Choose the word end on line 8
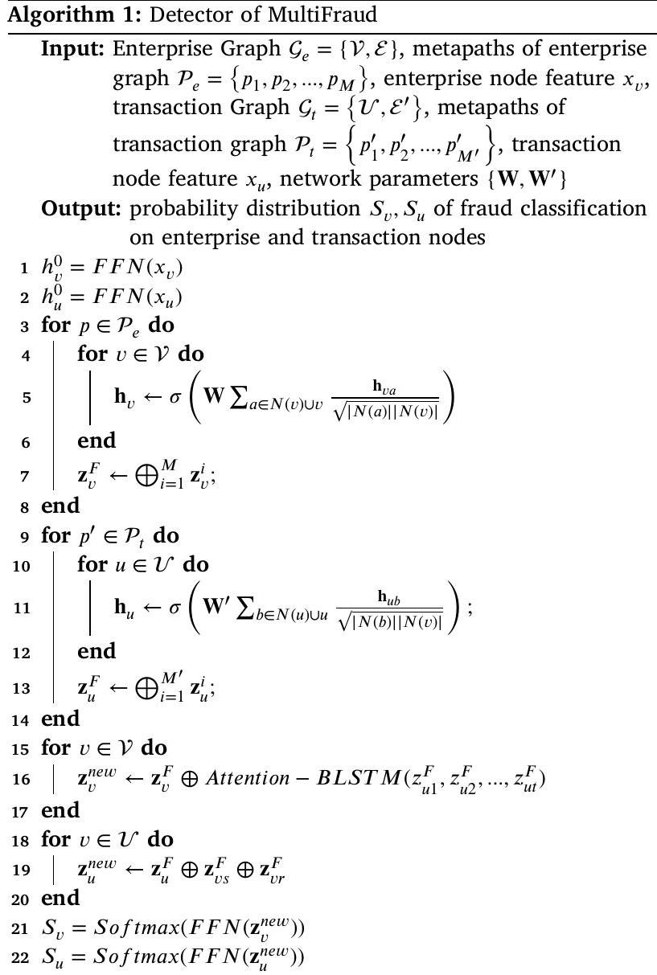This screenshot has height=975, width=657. [x=60, y=506]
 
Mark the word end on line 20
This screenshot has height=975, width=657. [x=60, y=898]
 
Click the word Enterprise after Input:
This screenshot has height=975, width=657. [x=150, y=48]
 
